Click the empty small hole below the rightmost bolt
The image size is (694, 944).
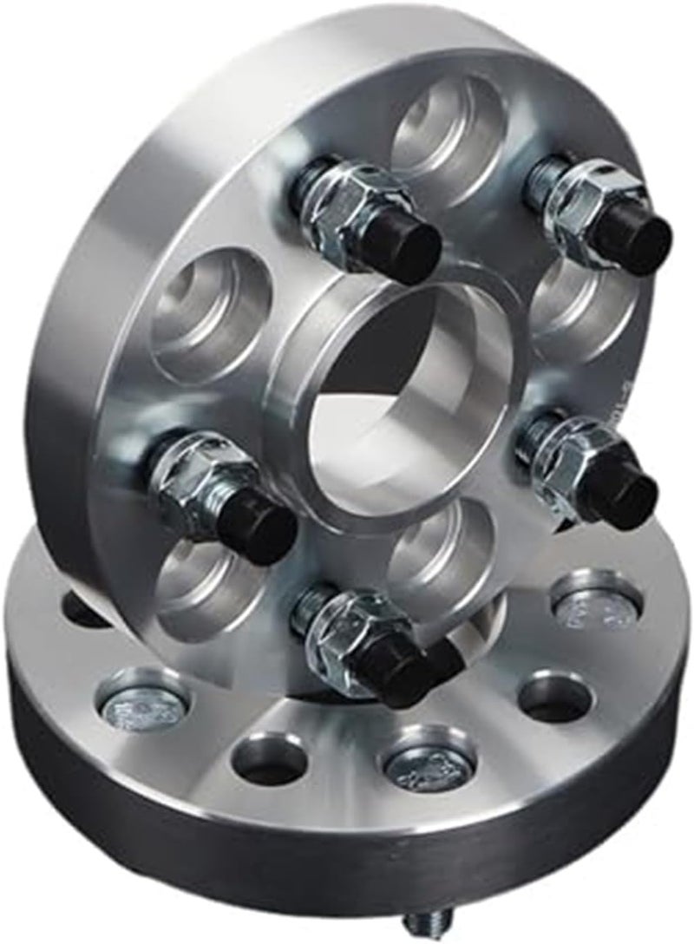tap(554, 694)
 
